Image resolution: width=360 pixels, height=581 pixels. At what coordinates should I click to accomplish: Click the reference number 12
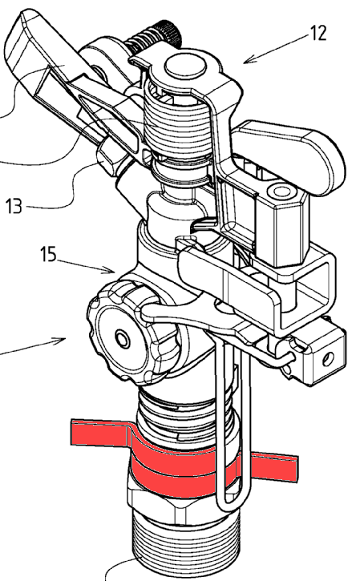point(318,33)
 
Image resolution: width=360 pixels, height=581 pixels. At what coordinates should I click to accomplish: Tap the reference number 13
point(14,206)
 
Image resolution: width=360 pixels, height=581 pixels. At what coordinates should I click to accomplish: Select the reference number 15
point(49,255)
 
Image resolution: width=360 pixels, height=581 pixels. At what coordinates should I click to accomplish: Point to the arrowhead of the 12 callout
point(247,60)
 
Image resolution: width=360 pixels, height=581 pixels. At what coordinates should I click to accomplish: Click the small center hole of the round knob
point(122,338)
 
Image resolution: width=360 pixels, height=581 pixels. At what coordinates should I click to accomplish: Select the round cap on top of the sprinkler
point(185,65)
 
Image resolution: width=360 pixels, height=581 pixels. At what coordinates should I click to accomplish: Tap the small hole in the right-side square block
point(328,359)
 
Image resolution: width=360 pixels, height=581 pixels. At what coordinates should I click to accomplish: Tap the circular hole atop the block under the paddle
point(281,192)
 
